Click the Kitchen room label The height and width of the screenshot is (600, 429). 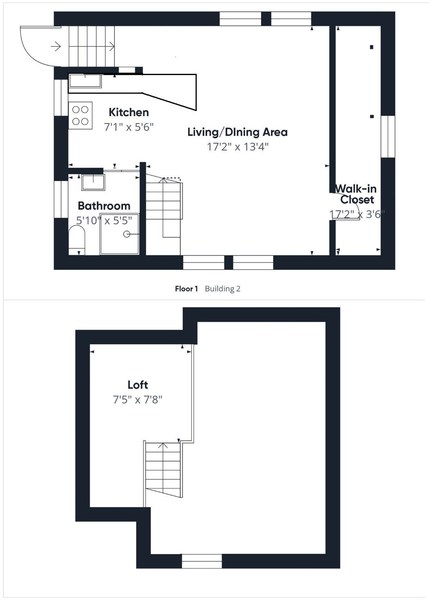129,112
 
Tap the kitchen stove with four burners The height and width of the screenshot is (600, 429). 80,115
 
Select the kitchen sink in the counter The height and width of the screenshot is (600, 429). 85,80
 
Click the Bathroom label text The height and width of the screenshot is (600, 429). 104,206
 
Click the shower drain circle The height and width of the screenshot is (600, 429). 127,234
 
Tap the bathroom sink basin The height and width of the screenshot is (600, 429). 93,182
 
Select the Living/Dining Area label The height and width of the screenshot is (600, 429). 237,132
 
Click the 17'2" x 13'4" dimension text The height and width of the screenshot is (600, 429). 238,147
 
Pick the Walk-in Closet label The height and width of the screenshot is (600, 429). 356,194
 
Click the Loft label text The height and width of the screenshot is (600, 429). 138,385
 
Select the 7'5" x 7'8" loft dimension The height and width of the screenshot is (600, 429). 138,400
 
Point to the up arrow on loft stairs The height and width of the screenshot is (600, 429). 163,446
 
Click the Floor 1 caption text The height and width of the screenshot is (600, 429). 186,289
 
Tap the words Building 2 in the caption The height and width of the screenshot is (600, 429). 223,289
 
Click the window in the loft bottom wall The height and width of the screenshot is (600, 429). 202,561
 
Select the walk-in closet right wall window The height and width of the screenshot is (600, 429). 388,136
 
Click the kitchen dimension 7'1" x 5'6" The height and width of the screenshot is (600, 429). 129,127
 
